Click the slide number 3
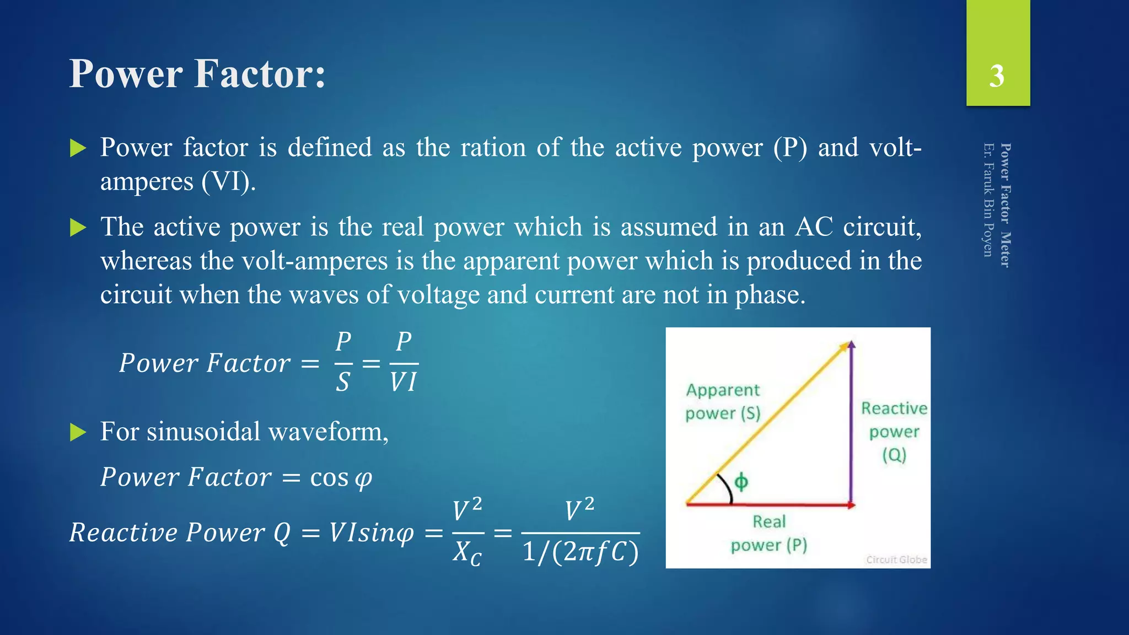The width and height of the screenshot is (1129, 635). point(997,76)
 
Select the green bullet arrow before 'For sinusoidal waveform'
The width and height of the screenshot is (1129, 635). point(78,433)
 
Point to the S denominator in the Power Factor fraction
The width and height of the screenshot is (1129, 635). point(343,382)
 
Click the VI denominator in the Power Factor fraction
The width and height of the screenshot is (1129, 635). point(404,382)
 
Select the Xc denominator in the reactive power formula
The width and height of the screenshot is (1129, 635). point(467,552)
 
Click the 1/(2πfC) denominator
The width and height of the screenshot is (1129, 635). point(580,552)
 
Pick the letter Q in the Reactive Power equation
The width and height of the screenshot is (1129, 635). point(282,533)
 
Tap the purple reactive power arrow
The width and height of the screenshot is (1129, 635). point(851,424)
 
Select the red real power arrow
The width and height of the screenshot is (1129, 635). point(772,504)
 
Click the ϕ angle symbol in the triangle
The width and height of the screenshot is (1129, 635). point(741,482)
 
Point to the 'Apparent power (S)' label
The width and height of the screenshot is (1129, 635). point(723,402)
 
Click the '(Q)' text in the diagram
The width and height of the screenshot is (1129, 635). point(894,455)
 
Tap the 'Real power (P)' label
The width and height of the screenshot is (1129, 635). point(769,534)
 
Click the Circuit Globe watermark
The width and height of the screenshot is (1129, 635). point(896,559)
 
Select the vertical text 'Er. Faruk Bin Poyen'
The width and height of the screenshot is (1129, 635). point(989,200)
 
